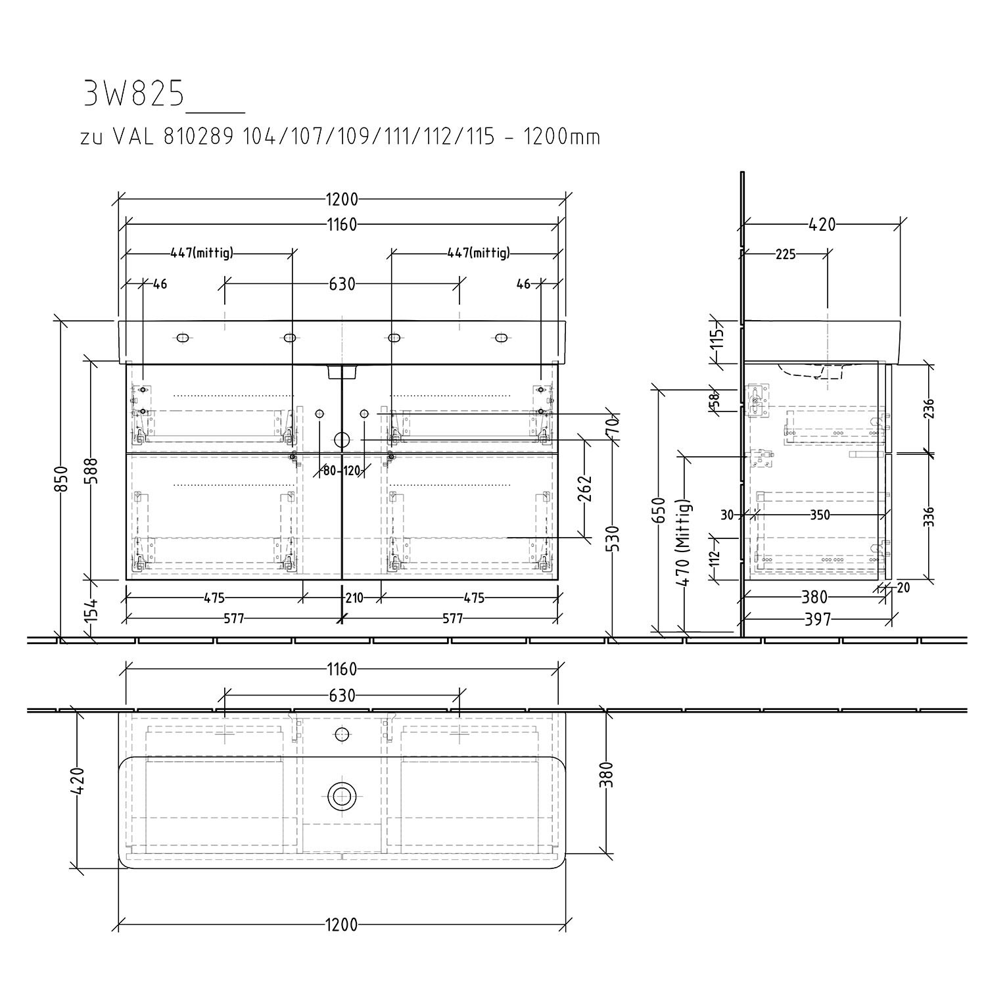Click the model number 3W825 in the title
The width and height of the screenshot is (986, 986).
coord(133,94)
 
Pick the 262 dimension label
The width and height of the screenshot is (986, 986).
coord(584,488)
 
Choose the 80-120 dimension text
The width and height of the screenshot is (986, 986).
coord(342,471)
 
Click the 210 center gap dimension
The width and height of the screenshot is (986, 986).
coord(354,598)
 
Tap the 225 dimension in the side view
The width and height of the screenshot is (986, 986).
coord(785,254)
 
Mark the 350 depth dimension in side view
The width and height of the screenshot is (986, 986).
coord(819,515)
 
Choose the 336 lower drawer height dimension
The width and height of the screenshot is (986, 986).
coord(929,517)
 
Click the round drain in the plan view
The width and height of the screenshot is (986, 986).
coord(341,796)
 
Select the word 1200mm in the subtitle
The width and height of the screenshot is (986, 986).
coord(561,137)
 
